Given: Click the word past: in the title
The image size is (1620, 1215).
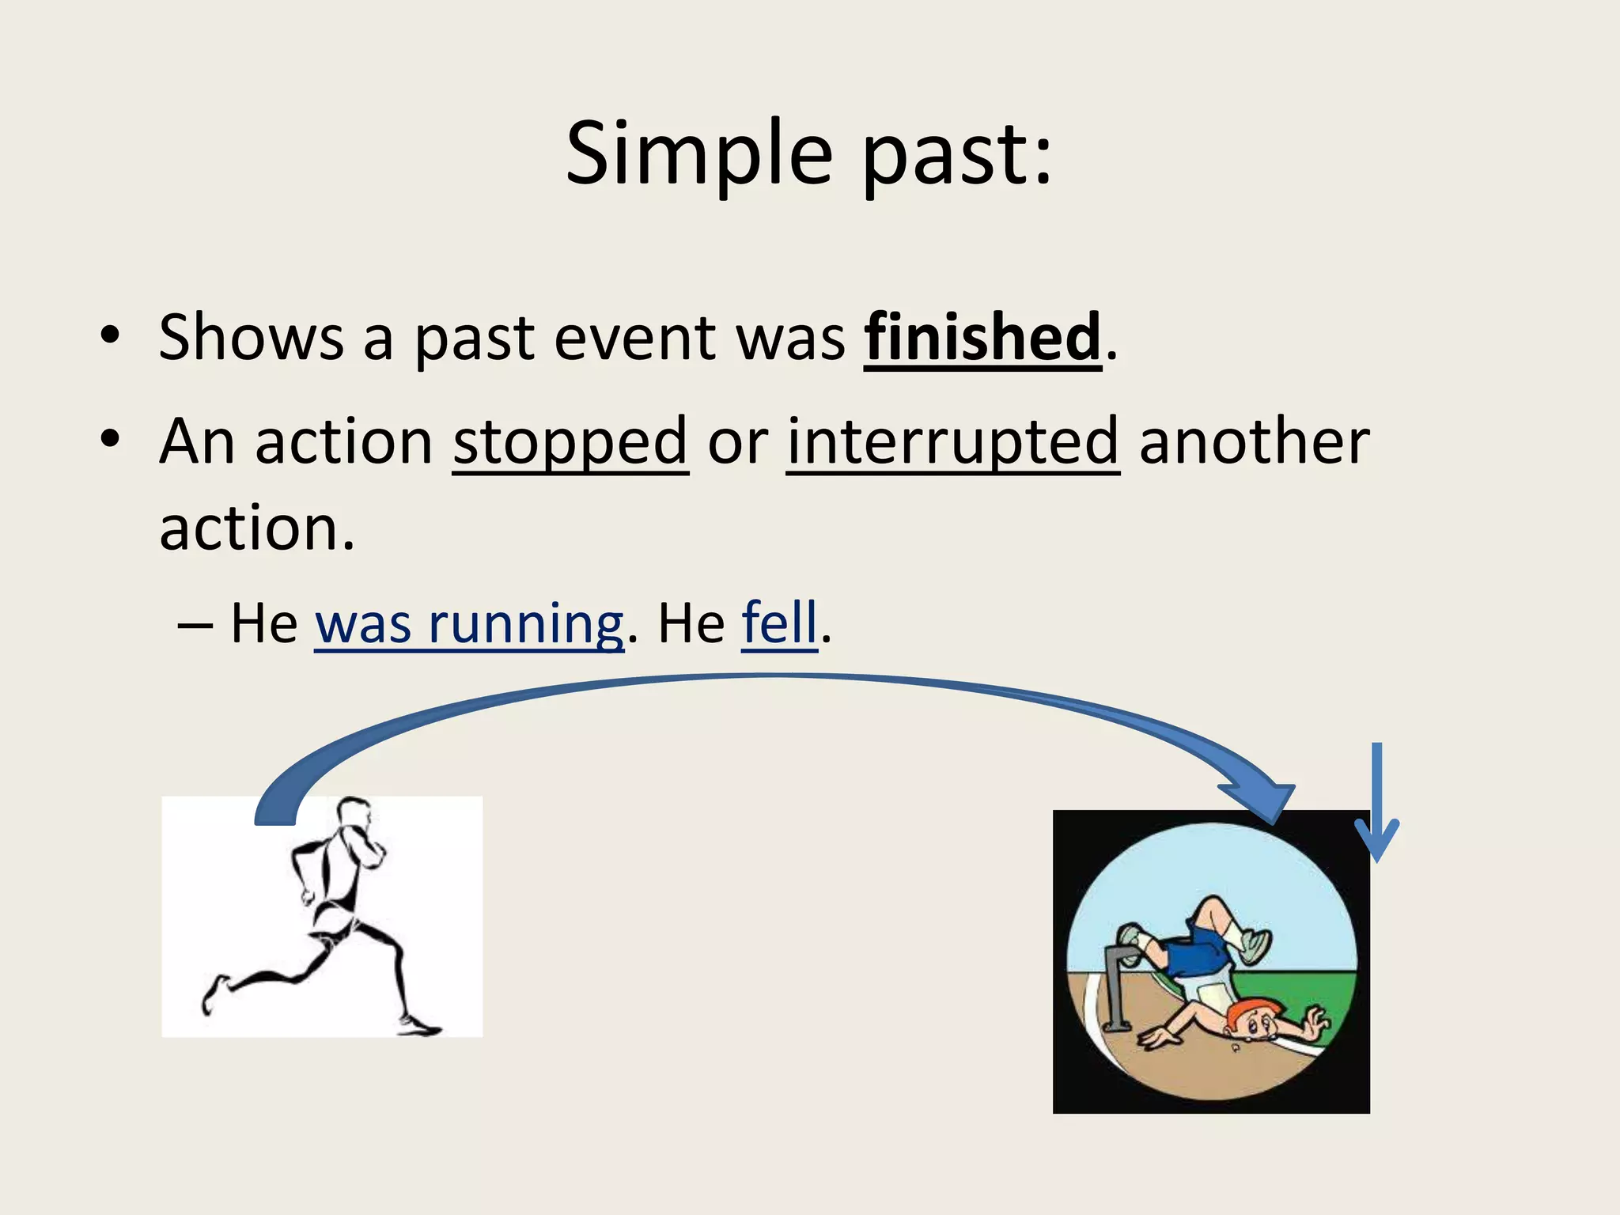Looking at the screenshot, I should pos(957,157).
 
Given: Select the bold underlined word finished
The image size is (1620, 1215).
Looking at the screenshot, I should pos(982,338).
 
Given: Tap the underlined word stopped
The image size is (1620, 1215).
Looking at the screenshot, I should pos(570,442).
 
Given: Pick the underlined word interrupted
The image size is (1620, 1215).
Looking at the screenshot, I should pos(953,442).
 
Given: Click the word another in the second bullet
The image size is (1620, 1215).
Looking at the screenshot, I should pos(1254,442).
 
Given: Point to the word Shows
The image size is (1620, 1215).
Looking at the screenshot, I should pos(251,338).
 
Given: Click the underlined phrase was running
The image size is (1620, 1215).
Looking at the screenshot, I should pos(469,625).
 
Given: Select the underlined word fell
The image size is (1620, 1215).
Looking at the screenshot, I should pos(779,623).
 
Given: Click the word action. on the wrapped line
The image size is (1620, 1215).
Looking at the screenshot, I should pos(257,528).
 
